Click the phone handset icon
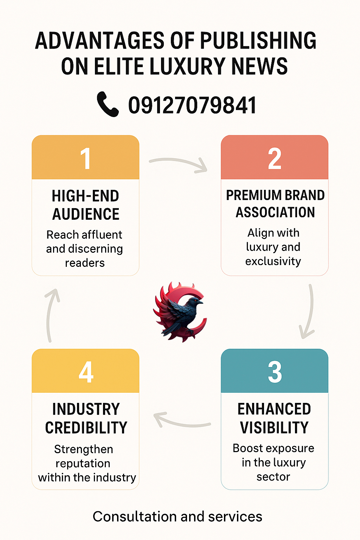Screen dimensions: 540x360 tap(108, 104)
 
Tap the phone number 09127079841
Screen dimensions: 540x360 tap(192, 105)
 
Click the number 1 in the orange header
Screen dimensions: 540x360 tap(85, 159)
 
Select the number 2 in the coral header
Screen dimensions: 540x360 tap(275, 159)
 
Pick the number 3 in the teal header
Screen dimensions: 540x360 tap(275, 372)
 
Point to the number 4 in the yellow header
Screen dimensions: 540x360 tap(86, 372)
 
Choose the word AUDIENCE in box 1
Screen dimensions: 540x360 tap(86, 214)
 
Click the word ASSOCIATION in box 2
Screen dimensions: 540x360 tap(275, 212)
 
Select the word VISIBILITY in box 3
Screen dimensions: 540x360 tap(274, 427)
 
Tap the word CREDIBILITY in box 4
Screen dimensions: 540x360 tap(86, 427)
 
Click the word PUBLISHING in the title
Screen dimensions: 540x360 tap(258, 40)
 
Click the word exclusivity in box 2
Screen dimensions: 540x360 tap(273, 261)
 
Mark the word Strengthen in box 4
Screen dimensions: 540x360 tap(84, 449)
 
